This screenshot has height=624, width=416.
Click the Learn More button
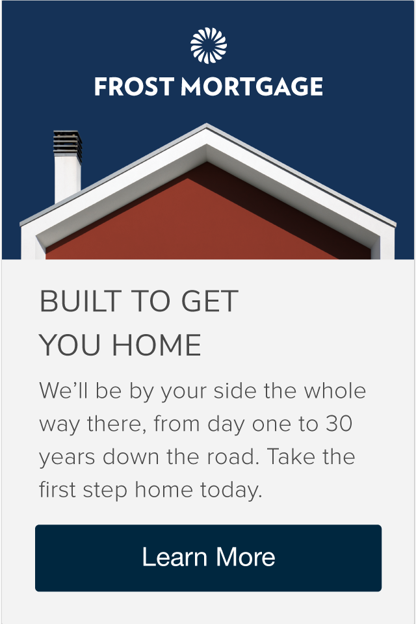pyautogui.click(x=208, y=558)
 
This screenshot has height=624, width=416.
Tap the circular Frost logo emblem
pyautogui.click(x=209, y=45)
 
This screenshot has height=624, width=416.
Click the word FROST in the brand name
pyautogui.click(x=134, y=86)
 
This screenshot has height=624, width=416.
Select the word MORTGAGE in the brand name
pyautogui.click(x=252, y=86)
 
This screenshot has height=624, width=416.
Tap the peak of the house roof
pyautogui.click(x=206, y=125)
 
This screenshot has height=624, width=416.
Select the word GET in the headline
pyautogui.click(x=210, y=301)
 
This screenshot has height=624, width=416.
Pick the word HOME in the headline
pyautogui.click(x=157, y=345)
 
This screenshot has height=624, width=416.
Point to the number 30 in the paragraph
pyautogui.click(x=339, y=423)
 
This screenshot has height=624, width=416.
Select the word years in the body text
pyautogui.click(x=67, y=458)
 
